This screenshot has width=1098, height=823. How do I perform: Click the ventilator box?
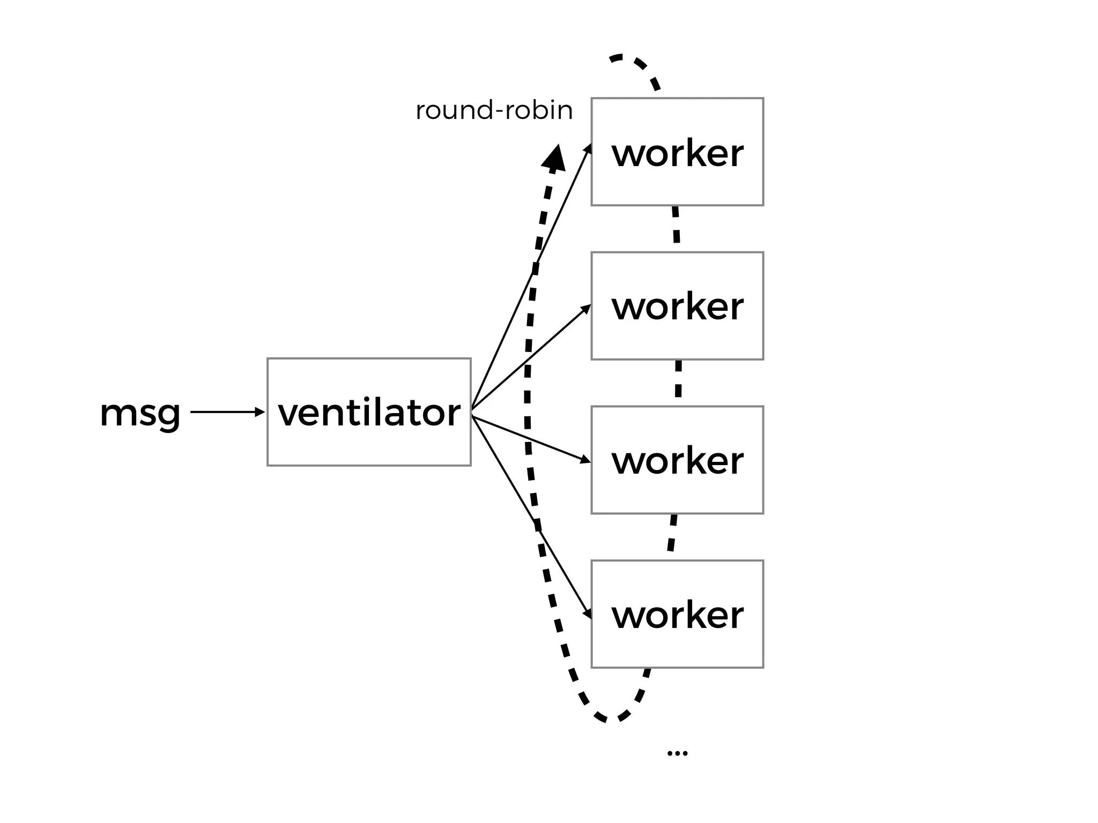tap(369, 411)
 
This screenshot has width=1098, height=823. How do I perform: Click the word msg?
tap(140, 413)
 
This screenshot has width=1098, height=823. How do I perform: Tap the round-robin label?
tap(494, 110)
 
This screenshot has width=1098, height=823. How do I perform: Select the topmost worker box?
tap(677, 152)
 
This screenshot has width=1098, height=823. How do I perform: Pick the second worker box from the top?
tap(677, 305)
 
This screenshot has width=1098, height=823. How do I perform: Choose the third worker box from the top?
tap(677, 460)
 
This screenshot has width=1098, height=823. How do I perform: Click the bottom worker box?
tap(677, 614)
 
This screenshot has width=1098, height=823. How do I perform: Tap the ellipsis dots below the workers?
tap(677, 753)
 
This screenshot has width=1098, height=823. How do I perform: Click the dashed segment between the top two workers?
tap(676, 225)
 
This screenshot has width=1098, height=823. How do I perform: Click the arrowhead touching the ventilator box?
tap(261, 412)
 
